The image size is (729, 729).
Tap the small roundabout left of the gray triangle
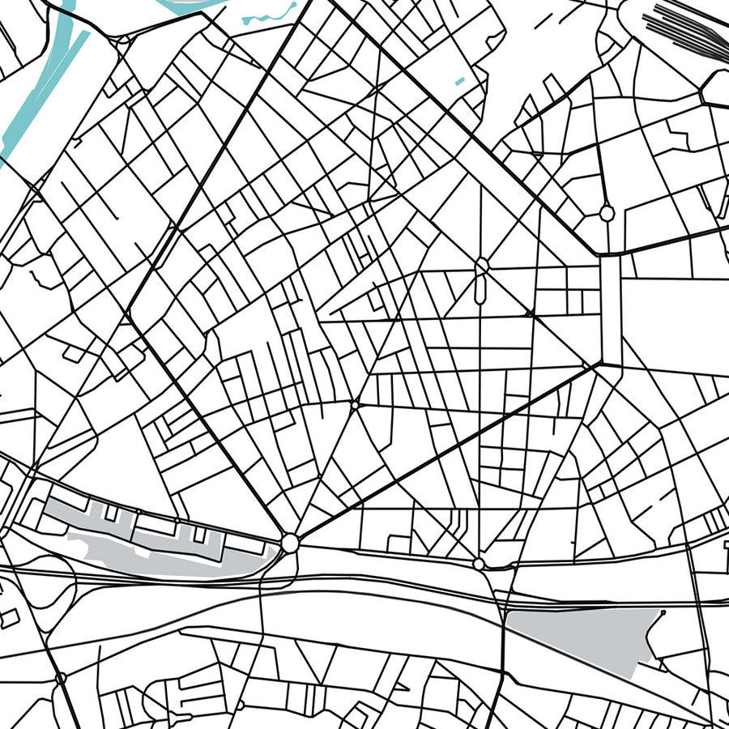click(x=479, y=563)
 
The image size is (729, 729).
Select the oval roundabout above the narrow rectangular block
click(x=607, y=213)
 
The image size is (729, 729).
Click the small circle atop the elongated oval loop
click(x=483, y=264)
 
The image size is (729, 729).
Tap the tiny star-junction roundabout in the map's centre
click(x=355, y=404)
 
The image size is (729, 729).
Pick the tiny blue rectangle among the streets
click(x=460, y=81)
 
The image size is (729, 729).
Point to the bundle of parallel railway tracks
click(x=688, y=28)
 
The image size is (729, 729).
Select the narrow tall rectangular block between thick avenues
click(x=610, y=312)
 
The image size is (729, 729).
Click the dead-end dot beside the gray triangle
click(x=663, y=613)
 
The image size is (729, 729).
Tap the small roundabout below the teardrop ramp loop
click(x=60, y=677)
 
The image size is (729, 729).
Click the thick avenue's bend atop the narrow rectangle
click(x=600, y=256)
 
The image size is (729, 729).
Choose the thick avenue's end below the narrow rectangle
click(x=600, y=367)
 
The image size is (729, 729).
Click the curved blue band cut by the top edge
click(x=186, y=6)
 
